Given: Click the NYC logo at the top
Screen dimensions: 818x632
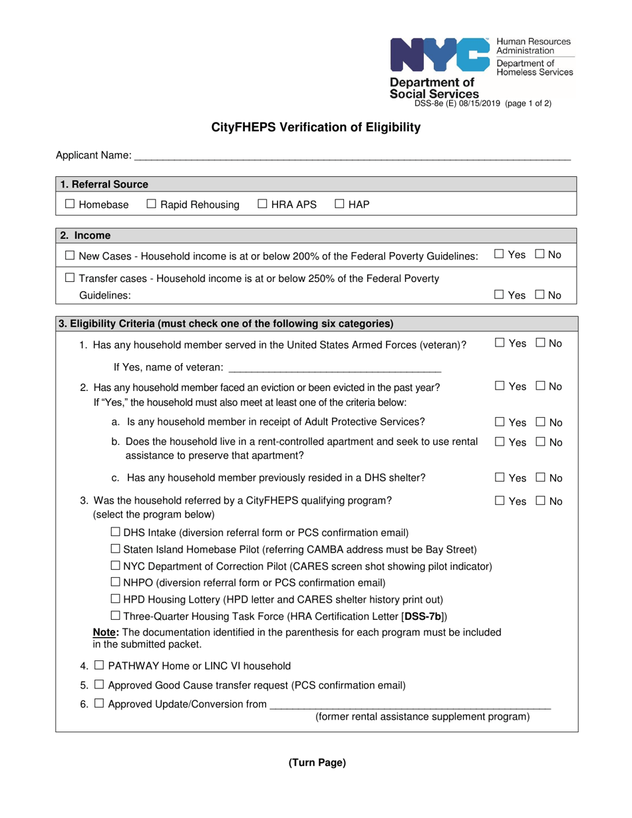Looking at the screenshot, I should (x=440, y=55).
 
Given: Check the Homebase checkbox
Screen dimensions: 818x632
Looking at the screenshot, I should (x=70, y=205).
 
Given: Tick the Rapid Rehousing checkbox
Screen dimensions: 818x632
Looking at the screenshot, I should (x=151, y=205).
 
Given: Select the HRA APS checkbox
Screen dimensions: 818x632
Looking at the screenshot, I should (x=262, y=205).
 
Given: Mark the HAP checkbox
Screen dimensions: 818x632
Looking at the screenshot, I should (x=339, y=205).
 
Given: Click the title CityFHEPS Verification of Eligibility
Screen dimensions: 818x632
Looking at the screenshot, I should (x=315, y=128).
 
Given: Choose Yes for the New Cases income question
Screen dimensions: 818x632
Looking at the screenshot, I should (x=500, y=254).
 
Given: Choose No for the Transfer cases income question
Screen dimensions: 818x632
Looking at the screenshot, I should (x=540, y=295).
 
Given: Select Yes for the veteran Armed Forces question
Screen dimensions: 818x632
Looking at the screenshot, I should (x=500, y=343).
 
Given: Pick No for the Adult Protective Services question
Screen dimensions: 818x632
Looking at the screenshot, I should (x=540, y=422).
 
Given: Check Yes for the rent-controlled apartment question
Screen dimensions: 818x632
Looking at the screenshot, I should (x=500, y=443).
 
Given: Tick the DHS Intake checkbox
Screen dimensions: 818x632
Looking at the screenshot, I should (x=115, y=532).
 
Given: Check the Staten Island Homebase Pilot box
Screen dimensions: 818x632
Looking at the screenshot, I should (x=115, y=549).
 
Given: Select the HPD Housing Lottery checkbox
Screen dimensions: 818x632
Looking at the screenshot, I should (x=115, y=600).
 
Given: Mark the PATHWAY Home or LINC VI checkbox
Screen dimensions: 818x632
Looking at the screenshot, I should (x=98, y=666).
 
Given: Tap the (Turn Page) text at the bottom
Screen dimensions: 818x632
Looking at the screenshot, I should (x=317, y=763).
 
